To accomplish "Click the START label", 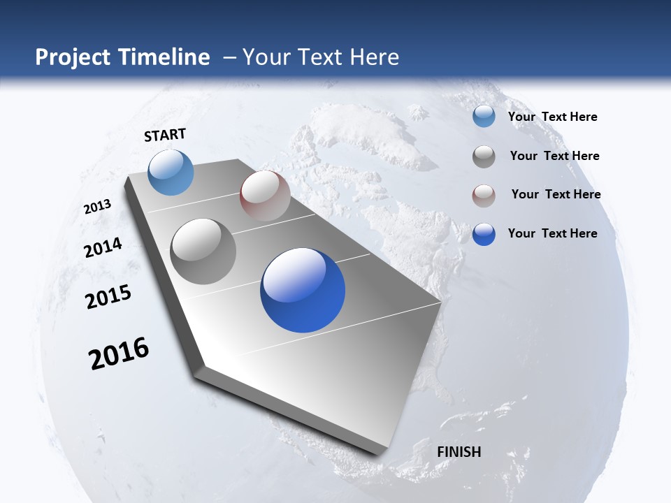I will coord(165,135).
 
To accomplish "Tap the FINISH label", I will coord(459,452).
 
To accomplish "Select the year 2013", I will coord(97,207).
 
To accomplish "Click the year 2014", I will coord(103,247).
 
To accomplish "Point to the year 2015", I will coord(108,296).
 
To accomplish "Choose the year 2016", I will coord(119,353).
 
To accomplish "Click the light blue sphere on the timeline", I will coord(171,172).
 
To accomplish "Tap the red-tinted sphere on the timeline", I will coord(265,196).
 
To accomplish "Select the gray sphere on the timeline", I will coord(203,251).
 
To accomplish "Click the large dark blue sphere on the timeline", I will coord(303,290).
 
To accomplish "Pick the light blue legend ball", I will coord(484,117).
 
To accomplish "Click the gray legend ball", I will coord(484,156).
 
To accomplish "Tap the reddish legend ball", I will coord(484,195).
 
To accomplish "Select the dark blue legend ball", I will coord(484,234).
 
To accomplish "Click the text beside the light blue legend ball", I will coord(552,117).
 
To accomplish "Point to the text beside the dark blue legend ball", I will coord(552,233).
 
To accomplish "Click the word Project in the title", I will coord(73,57).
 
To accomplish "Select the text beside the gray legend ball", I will coord(554,156).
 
